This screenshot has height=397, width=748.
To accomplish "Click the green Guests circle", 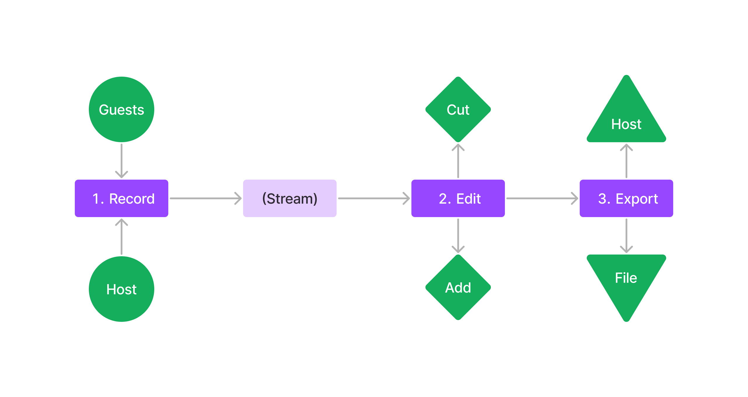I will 121,109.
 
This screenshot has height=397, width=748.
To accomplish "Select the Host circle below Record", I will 121,289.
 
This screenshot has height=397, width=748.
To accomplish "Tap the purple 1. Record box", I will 121,198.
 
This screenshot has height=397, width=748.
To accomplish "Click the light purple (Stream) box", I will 290,198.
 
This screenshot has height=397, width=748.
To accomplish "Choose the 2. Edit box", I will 458,198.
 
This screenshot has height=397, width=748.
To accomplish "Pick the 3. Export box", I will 626,198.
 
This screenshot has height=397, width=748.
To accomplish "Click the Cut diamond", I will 458,109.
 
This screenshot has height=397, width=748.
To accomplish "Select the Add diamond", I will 458,287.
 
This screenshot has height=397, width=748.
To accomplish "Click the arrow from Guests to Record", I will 121,161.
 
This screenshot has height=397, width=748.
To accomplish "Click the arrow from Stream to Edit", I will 374,198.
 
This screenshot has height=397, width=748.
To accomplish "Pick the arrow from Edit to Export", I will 542,198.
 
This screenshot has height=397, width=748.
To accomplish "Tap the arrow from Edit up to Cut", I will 458,161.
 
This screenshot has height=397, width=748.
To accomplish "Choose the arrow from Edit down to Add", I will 458,236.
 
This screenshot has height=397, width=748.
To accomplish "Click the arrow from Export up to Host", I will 626,161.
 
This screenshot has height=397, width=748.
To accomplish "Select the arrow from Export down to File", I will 626,236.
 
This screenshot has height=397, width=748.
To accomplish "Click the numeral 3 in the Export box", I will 602,199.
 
